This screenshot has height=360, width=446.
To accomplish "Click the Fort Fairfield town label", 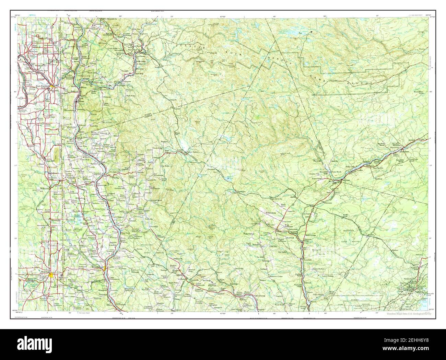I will tap(41, 86).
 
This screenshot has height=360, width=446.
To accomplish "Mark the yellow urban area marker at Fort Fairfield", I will tap(50, 87).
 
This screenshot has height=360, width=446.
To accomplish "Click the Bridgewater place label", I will tap(45, 188).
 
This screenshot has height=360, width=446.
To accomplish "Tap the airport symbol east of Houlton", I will tap(61, 275).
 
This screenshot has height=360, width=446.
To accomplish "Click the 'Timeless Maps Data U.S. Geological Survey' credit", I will tap(409, 314).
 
